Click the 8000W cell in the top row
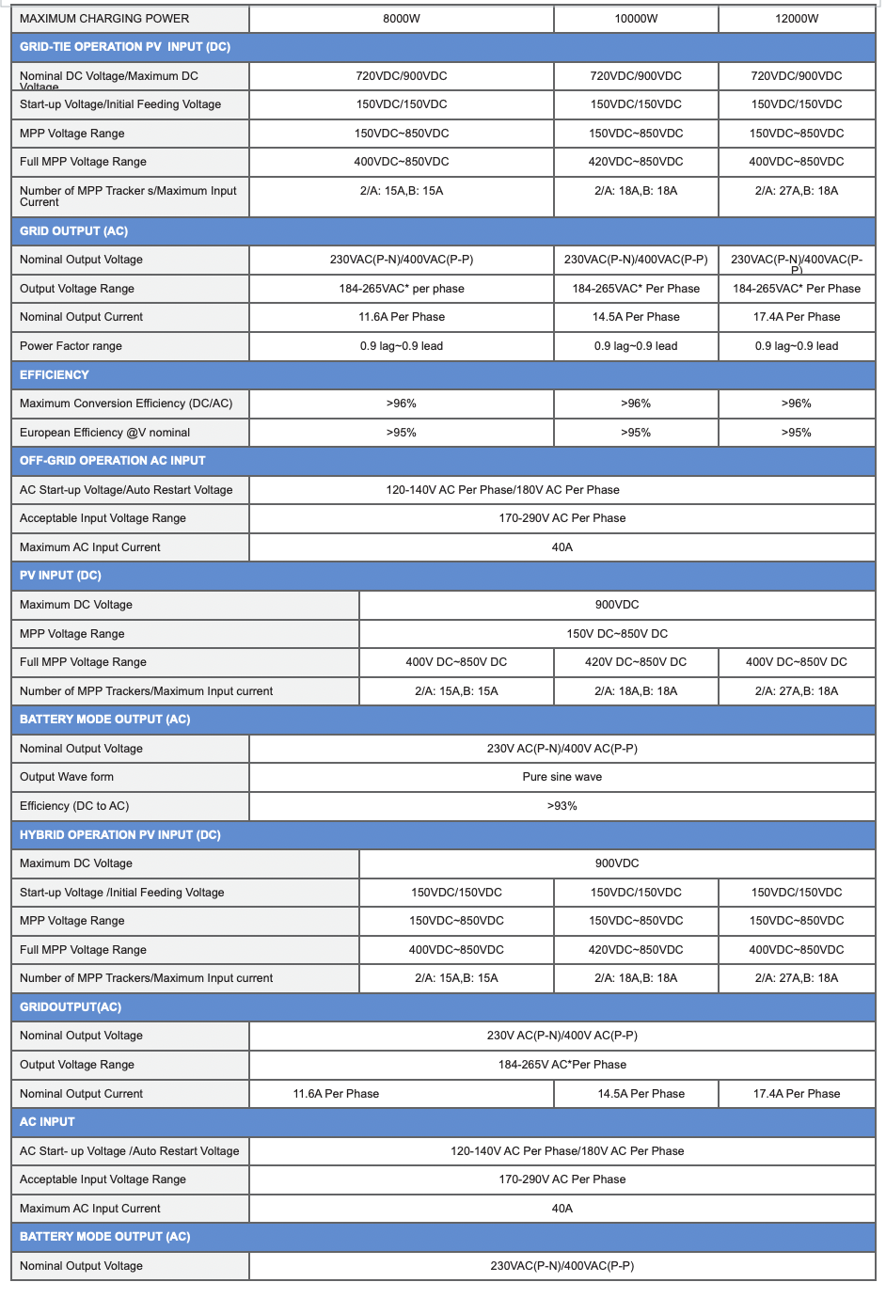(x=402, y=19)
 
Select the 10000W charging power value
(x=636, y=19)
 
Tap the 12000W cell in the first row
(x=797, y=19)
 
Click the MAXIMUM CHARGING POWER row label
(x=104, y=19)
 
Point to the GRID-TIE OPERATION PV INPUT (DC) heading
(x=125, y=47)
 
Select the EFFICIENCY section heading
(x=55, y=375)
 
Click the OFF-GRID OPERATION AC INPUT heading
(x=112, y=461)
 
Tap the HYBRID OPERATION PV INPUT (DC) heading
(x=119, y=835)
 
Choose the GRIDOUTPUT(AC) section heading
(x=71, y=1007)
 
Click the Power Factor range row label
(x=71, y=346)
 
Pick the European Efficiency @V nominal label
(x=104, y=433)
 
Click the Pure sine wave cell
(x=562, y=777)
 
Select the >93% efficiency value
(x=562, y=806)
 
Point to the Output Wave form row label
(x=67, y=777)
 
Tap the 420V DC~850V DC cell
(x=636, y=662)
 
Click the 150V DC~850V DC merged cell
(x=617, y=634)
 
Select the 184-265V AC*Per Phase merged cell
(x=562, y=1065)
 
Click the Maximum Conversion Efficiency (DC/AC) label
(x=126, y=404)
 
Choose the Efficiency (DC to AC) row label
(x=74, y=806)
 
